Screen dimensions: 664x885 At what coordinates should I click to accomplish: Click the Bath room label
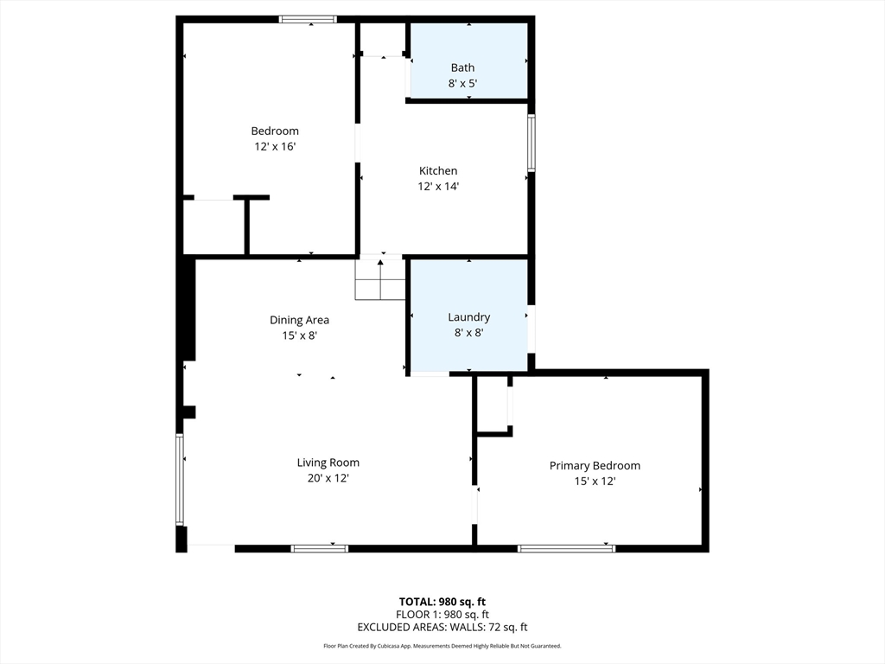(462, 67)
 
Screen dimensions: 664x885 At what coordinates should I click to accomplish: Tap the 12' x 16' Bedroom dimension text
(275, 147)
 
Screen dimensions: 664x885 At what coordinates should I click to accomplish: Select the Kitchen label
(438, 171)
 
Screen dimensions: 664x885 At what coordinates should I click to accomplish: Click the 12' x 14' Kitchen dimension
(438, 187)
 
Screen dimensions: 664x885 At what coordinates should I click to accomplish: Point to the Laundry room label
(468, 317)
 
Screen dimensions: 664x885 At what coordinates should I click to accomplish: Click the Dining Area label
(299, 320)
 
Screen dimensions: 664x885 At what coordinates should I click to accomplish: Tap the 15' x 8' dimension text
(299, 335)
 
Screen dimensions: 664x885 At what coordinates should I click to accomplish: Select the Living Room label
(328, 463)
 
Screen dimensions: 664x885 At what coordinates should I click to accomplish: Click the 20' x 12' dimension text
(328, 478)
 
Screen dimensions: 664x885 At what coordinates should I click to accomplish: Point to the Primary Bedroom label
(595, 465)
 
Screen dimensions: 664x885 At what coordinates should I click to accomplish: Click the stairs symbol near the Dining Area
(380, 278)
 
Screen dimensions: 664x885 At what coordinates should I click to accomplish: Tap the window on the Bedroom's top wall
(308, 19)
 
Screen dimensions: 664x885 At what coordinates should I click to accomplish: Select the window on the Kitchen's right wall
(532, 143)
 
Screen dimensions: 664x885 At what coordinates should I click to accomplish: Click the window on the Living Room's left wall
(181, 479)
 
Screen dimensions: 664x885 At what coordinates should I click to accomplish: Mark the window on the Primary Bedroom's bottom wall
(566, 548)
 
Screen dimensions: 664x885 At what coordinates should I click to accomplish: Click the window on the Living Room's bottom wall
(319, 548)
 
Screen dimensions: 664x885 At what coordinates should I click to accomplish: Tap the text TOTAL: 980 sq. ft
(442, 602)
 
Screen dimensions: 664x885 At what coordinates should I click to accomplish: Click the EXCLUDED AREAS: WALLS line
(442, 628)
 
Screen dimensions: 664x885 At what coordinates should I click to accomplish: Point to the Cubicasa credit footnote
(442, 646)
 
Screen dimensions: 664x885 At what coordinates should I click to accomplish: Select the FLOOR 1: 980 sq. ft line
(442, 615)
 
